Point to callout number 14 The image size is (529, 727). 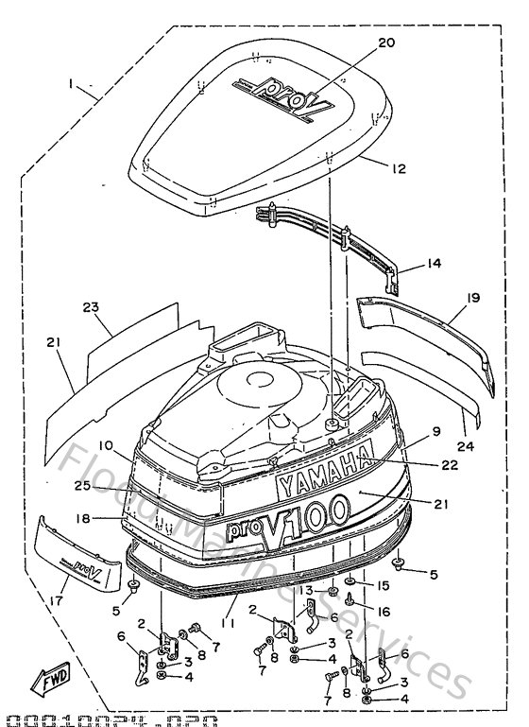coord(433,266)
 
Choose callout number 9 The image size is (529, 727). coord(437,430)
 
